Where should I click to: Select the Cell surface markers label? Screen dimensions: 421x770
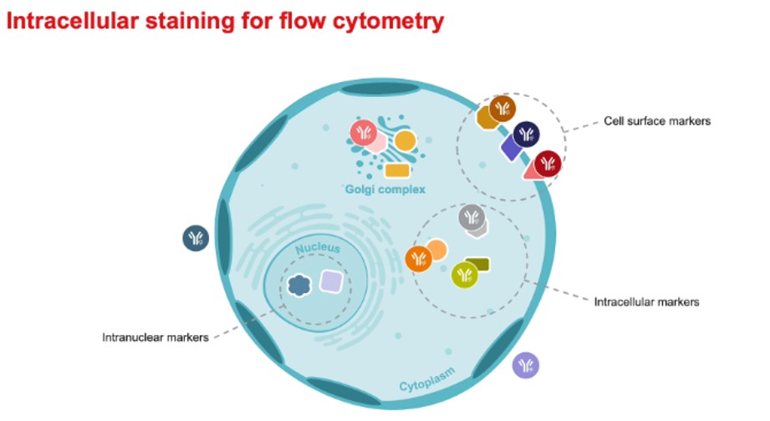tap(656, 121)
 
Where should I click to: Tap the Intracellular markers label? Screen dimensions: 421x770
tap(646, 301)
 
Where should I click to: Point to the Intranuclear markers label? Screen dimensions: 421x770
tap(155, 337)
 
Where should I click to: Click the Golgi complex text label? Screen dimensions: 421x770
tap(385, 190)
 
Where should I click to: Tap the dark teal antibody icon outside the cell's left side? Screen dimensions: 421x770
tap(196, 238)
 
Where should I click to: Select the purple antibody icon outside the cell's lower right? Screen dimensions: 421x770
tap(526, 365)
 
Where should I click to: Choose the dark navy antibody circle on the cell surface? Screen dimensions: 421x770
tap(526, 134)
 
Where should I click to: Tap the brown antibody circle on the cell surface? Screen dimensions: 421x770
tap(502, 108)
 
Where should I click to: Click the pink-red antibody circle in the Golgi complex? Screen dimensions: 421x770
tap(364, 132)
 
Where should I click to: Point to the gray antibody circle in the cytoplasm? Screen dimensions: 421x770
tap(472, 217)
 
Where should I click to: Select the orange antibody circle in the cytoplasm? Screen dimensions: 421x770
tap(417, 260)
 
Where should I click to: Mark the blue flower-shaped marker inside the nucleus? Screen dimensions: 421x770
tap(298, 286)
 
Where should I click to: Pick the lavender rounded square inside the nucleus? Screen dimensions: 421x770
tap(332, 282)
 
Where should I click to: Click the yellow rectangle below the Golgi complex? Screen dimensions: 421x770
tap(396, 170)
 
